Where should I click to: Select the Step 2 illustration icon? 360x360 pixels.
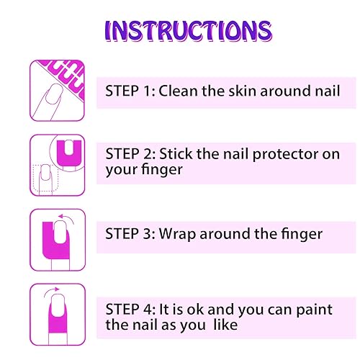pos(57,164)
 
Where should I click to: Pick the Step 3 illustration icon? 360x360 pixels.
pos(57,238)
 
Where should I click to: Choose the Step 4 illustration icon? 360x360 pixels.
pos(57,313)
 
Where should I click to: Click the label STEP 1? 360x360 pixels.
pos(130,91)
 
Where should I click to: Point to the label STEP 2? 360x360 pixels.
pos(130,153)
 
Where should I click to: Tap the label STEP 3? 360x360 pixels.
pos(130,234)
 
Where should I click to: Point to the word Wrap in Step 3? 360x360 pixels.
pos(179,234)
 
